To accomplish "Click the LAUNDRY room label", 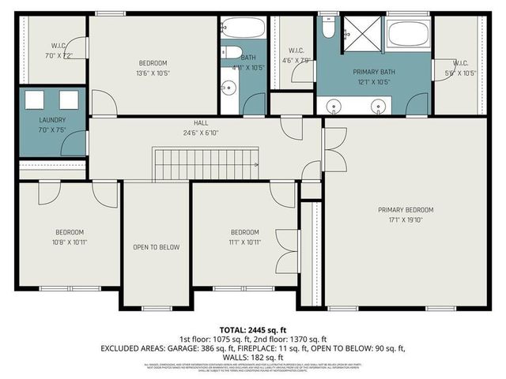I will click(52, 120).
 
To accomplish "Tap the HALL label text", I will click(201, 123).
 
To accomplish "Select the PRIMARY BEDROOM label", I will click(406, 209).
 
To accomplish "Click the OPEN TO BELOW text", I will click(156, 247).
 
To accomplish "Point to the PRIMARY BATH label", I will click(373, 72).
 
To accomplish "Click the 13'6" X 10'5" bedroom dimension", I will click(153, 73).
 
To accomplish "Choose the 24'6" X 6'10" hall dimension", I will click(201, 132).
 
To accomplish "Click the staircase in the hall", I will click(206, 166).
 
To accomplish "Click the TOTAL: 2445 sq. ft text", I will click(252, 329).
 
